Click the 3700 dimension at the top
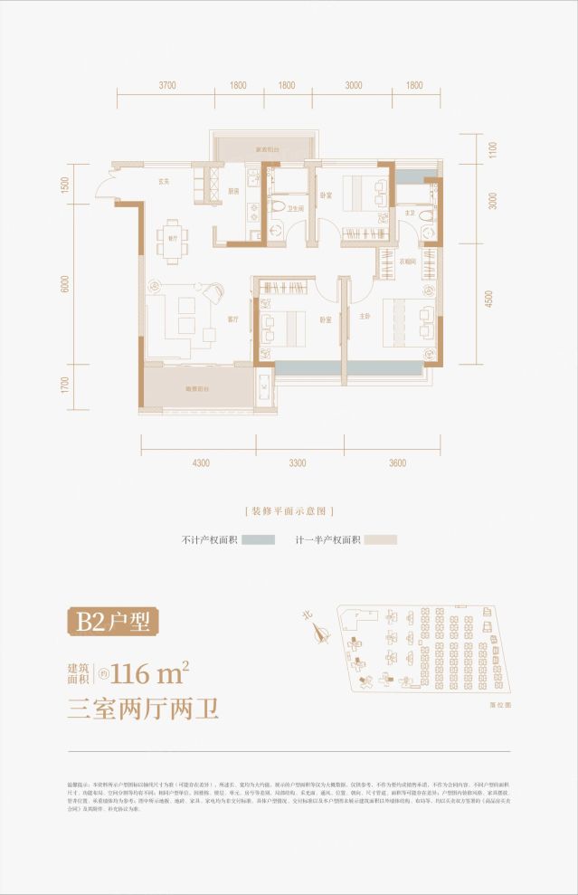coord(167,86)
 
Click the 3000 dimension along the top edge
coord(353,86)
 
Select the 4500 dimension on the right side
coord(489,299)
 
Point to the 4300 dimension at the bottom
coord(201,462)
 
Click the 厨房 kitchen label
coord(232,191)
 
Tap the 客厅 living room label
coord(232,319)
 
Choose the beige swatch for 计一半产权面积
coord(381,539)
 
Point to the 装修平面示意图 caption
coord(289,511)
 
